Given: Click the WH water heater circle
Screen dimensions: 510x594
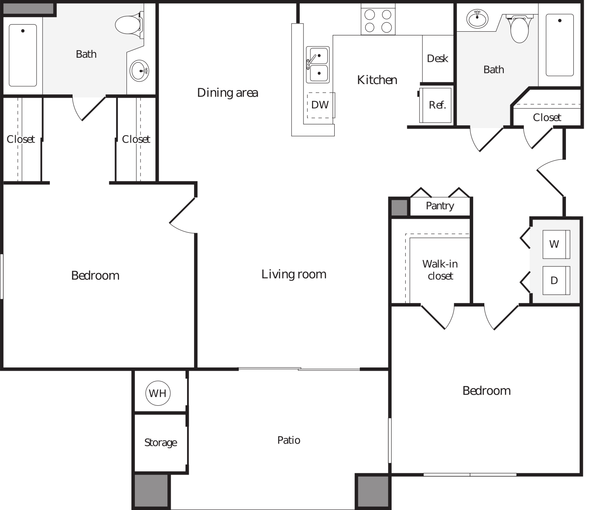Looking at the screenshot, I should (x=158, y=393).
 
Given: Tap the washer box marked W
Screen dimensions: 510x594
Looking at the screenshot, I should (x=556, y=244).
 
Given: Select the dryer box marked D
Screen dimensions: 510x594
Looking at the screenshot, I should (x=556, y=281).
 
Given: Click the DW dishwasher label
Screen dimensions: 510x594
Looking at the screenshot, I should (x=320, y=105).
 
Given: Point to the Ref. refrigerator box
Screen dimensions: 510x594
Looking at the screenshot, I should (x=436, y=105).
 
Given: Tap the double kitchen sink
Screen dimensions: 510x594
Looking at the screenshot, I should (x=318, y=65).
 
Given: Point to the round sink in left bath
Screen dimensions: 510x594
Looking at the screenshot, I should (x=139, y=71).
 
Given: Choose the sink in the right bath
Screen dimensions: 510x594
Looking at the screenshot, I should (x=477, y=19).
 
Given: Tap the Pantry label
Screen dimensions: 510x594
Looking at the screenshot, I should (x=440, y=206).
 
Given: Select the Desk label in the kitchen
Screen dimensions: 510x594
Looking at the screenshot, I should (x=437, y=58).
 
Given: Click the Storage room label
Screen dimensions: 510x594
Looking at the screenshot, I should (x=161, y=442).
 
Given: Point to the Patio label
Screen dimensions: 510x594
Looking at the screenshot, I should (x=289, y=440).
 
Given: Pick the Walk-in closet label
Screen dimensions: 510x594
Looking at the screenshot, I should (x=440, y=270).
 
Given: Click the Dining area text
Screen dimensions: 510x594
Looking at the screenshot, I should (x=228, y=93).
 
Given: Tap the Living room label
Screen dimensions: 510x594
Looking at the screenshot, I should (x=294, y=274).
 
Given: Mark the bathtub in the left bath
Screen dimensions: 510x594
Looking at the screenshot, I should (x=23, y=55).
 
